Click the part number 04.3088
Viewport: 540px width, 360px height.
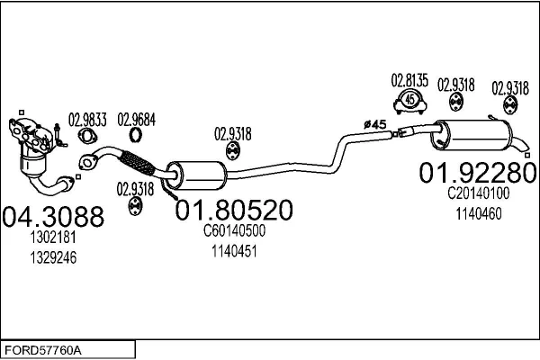coord(54,217)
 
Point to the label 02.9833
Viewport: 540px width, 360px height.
coord(87,118)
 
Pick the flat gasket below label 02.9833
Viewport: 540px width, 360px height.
coord(88,137)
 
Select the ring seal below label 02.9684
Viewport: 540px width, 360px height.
coord(136,136)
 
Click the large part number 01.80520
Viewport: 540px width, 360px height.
coord(233,211)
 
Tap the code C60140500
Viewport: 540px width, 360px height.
coord(233,233)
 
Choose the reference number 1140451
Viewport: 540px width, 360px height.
coord(233,251)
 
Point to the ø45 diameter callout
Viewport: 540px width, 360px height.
coord(373,122)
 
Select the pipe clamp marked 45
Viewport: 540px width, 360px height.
coord(410,100)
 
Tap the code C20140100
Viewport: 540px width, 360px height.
coord(478,193)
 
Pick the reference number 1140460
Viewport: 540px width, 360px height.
coord(478,213)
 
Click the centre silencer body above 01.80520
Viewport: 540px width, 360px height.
coord(193,171)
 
